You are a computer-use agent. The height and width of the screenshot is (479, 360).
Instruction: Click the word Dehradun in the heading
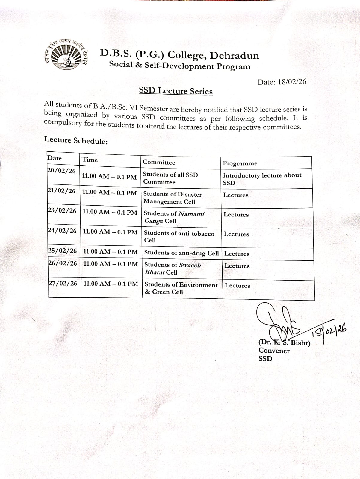click(234, 56)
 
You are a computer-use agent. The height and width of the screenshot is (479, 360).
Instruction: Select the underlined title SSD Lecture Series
click(176, 91)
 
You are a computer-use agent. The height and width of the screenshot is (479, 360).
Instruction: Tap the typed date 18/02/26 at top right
click(292, 82)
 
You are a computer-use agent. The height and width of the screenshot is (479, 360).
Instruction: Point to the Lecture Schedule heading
click(76, 140)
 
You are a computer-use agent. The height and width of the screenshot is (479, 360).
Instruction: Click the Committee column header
click(159, 162)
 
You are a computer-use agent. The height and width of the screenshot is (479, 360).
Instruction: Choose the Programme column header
click(240, 163)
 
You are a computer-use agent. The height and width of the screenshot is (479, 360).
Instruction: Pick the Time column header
click(90, 160)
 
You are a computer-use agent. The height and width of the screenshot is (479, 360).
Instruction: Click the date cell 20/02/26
click(62, 171)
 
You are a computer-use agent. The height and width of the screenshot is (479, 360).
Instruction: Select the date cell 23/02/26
click(62, 211)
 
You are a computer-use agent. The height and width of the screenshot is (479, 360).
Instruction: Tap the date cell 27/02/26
click(63, 283)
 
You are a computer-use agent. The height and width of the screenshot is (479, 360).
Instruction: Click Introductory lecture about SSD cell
click(262, 179)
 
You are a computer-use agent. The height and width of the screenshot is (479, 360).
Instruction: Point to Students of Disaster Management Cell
click(172, 198)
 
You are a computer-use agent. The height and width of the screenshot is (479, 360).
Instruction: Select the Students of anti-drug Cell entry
click(181, 253)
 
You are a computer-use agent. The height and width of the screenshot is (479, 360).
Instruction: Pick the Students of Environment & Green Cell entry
click(181, 288)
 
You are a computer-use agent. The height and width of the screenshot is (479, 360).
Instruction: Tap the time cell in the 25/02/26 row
click(111, 252)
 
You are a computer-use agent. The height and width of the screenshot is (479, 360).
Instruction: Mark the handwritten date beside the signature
click(329, 333)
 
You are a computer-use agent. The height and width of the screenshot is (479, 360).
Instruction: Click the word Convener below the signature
click(274, 351)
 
